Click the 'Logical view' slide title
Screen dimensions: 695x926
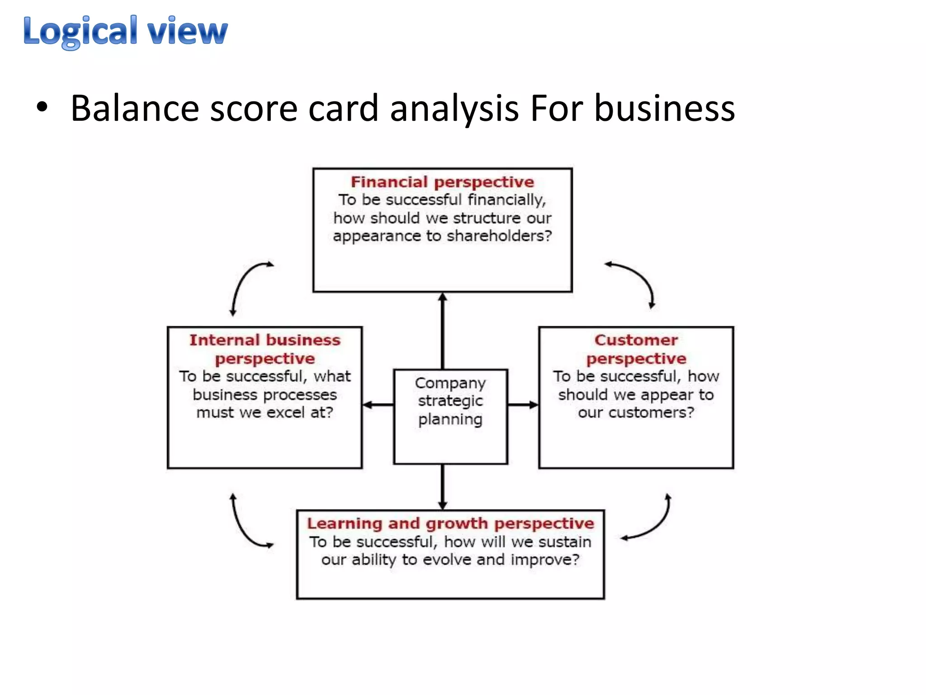pyautogui.click(x=125, y=31)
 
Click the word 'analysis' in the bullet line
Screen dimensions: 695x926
pyautogui.click(x=454, y=109)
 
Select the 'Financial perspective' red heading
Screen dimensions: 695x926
pyautogui.click(x=442, y=182)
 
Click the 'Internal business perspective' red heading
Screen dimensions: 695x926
pyautogui.click(x=265, y=349)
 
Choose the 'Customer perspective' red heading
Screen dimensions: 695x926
pyautogui.click(x=636, y=349)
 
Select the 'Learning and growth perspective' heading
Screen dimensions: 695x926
pyautogui.click(x=450, y=524)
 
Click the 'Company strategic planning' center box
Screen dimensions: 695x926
pyautogui.click(x=450, y=416)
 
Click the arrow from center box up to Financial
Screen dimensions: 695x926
pyautogui.click(x=443, y=330)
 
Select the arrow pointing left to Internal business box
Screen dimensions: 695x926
pyautogui.click(x=378, y=405)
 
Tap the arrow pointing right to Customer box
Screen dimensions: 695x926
pyautogui.click(x=523, y=405)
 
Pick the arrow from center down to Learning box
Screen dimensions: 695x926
pyautogui.click(x=443, y=486)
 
